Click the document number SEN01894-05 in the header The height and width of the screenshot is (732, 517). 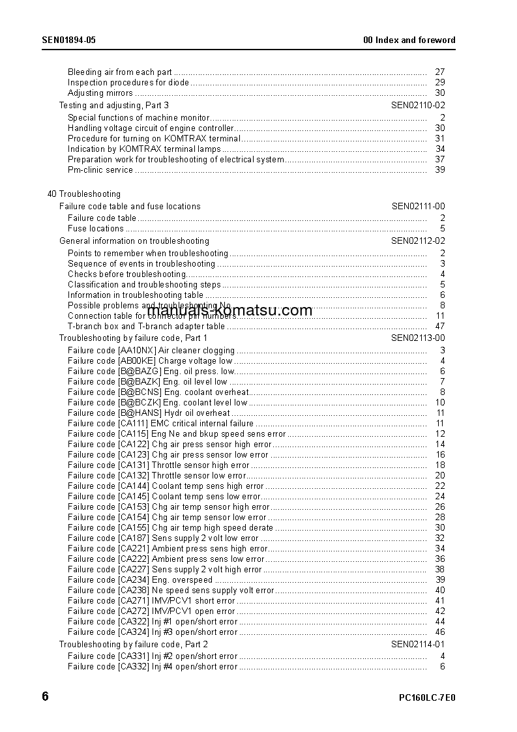pos(68,40)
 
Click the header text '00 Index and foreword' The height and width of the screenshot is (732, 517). pos(409,40)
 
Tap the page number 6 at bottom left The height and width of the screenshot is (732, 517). pos(45,696)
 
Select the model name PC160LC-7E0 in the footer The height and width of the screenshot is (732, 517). pos(427,697)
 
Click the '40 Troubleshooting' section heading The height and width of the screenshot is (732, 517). pos(84,194)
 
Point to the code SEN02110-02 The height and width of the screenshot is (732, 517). pos(418,105)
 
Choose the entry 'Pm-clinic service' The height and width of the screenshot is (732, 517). pos(100,170)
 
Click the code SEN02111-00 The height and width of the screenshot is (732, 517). pos(418,206)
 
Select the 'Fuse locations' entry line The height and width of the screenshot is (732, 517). pos(96,229)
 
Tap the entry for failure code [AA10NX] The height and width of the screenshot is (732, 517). pos(151,351)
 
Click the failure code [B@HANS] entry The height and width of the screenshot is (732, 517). pos(149,413)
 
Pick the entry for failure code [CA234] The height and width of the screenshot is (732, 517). pos(140,580)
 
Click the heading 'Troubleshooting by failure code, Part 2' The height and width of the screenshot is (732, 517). pos(134,644)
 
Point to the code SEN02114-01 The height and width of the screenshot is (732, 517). pos(418,644)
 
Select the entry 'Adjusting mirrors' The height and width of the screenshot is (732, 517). pos(100,93)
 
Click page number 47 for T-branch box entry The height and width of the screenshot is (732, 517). pos(439,327)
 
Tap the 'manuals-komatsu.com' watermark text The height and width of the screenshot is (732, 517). pos(230,310)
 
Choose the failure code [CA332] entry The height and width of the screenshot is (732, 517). pos(153,667)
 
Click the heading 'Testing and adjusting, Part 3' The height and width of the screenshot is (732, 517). pos(114,105)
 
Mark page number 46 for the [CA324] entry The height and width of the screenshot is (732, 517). pos(439,632)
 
